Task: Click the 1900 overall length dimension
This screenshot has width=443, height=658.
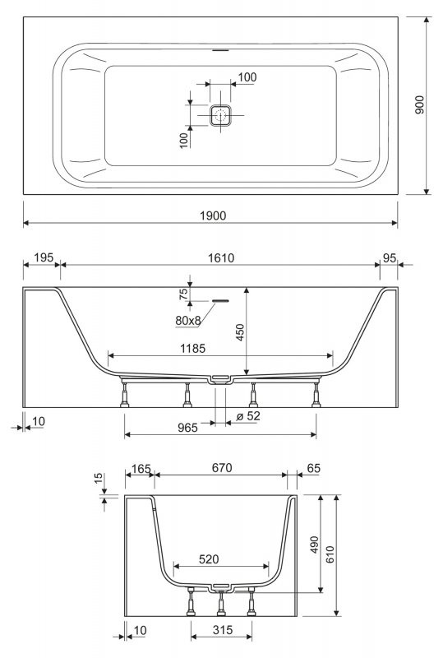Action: coord(213,215)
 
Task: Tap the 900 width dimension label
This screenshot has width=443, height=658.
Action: coord(419,105)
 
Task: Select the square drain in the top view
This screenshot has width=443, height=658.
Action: coord(220,115)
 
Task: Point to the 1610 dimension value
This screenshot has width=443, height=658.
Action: coord(221,258)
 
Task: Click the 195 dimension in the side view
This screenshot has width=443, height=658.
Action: coord(44,257)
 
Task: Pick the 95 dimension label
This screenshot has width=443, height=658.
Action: coord(390,258)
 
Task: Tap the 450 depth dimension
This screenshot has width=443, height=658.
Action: coord(240,332)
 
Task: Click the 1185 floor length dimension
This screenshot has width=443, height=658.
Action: coord(192,348)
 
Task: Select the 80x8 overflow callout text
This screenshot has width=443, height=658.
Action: coord(188,321)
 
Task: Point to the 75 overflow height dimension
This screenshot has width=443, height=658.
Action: coord(183,294)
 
